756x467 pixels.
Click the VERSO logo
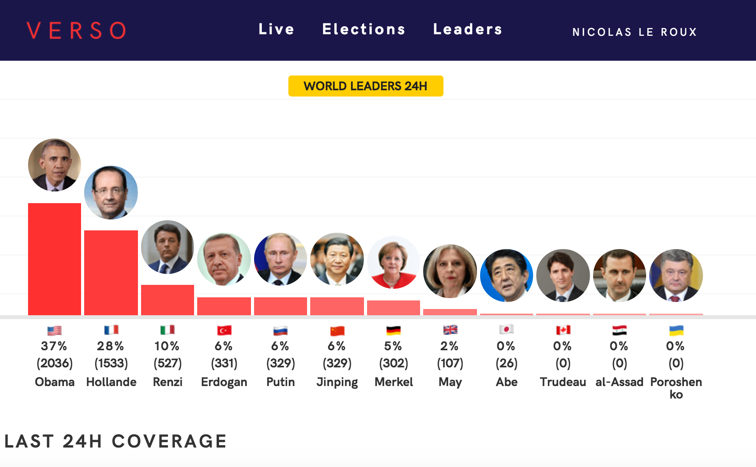[76, 30]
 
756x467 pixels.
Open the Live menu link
[276, 29]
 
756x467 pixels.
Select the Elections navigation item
[364, 29]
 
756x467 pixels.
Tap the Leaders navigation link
[468, 29]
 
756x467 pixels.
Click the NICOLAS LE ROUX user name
[634, 32]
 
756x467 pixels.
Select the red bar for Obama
[55, 259]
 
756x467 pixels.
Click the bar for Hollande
[111, 272]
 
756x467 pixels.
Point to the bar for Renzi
[168, 300]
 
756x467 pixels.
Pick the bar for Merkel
[394, 307]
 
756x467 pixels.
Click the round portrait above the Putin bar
[281, 259]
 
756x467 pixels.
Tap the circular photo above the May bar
[450, 271]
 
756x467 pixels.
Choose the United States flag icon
[55, 331]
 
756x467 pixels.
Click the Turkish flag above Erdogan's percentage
[224, 331]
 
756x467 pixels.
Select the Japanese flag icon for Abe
[507, 330]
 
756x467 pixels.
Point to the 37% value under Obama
[54, 346]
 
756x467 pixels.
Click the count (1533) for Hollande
[111, 363]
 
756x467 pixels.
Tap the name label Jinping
[337, 382]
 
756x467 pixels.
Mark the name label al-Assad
[619, 382]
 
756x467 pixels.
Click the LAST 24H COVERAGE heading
[115, 441]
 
